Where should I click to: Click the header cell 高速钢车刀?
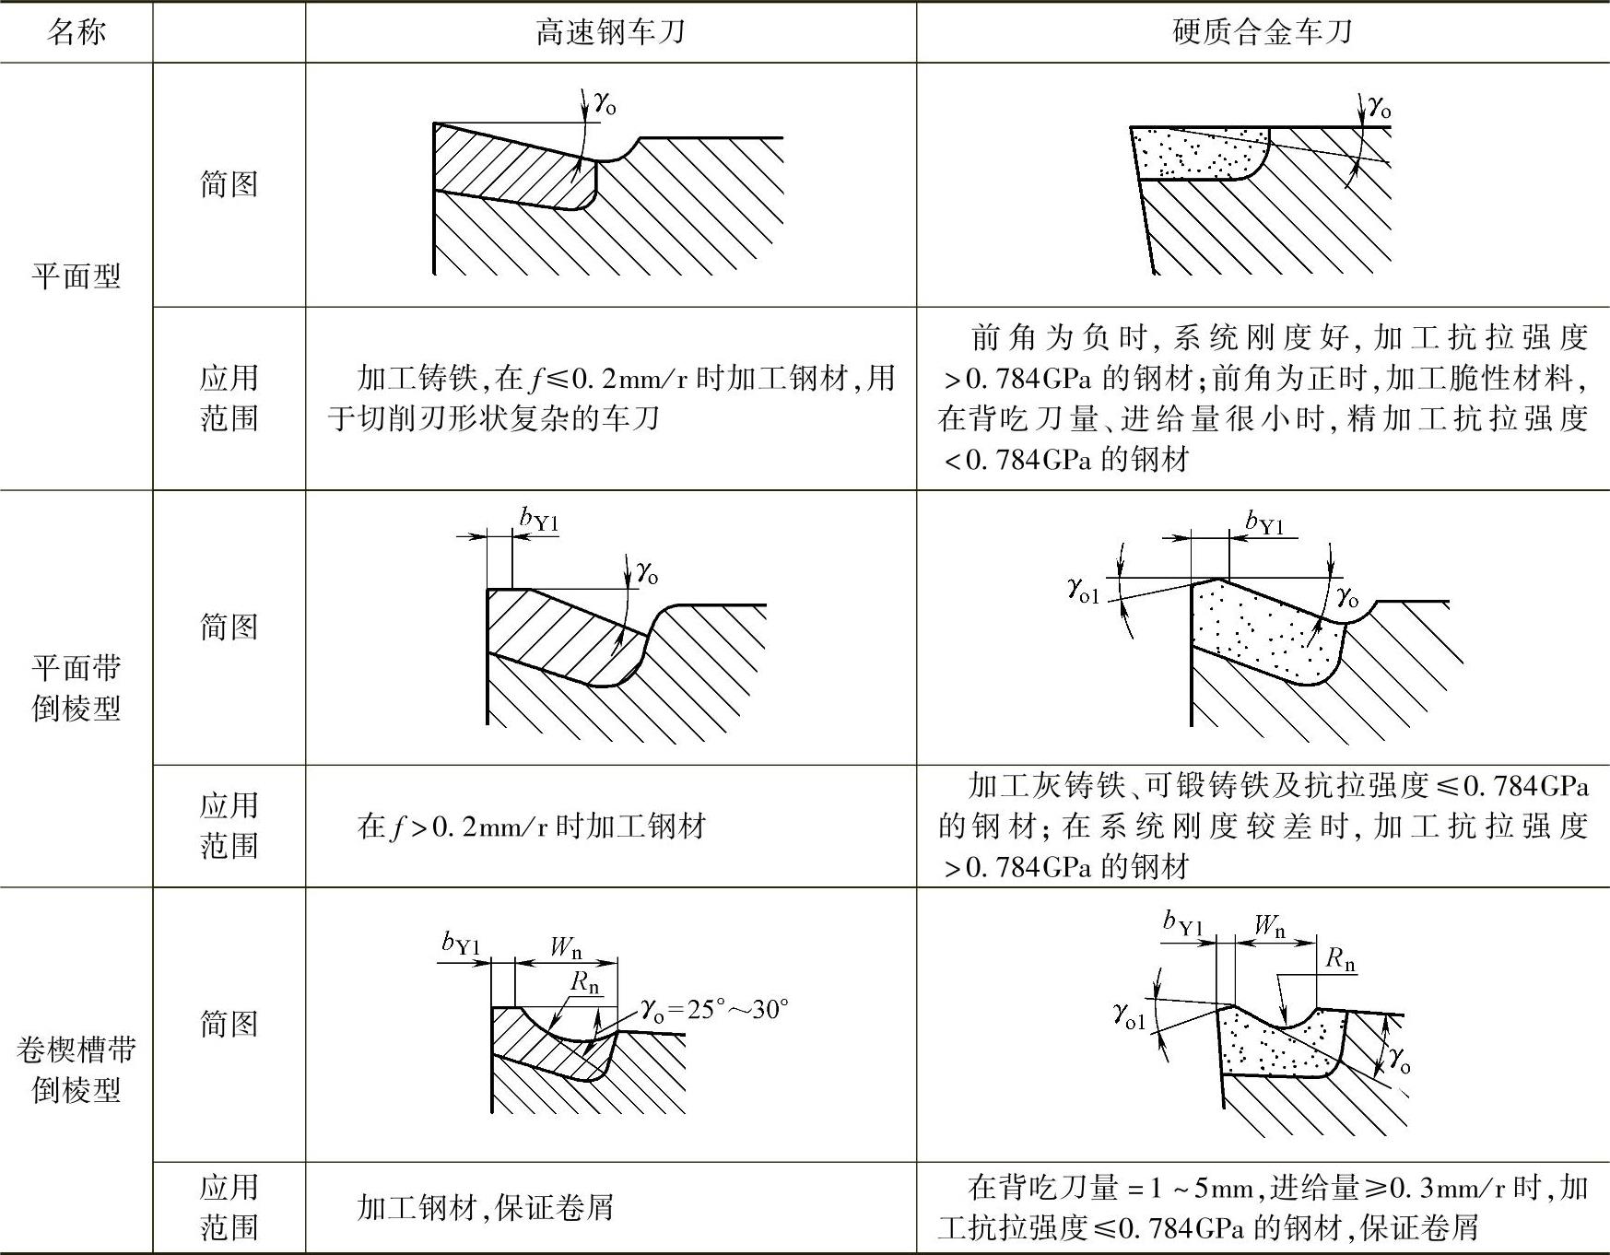point(610,33)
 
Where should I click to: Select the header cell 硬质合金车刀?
point(1262,33)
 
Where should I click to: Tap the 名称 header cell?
point(76,33)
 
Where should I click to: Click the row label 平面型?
point(76,276)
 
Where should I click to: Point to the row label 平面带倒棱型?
point(76,687)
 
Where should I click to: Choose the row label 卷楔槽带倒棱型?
point(76,1069)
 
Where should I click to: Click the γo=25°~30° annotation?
point(715,1010)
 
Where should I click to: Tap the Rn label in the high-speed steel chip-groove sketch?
point(585,982)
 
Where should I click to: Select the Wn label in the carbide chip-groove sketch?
point(1270,925)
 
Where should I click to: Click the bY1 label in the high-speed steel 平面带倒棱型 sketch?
point(539,520)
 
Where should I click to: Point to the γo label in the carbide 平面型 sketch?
point(1379,107)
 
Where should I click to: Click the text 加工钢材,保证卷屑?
point(485,1207)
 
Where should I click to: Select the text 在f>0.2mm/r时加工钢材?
point(531,826)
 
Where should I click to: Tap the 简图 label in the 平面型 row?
point(229,184)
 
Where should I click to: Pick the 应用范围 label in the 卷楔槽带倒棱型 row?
point(229,1207)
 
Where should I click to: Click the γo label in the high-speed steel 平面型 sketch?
point(605,102)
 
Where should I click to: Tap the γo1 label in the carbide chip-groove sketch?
point(1129,1016)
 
